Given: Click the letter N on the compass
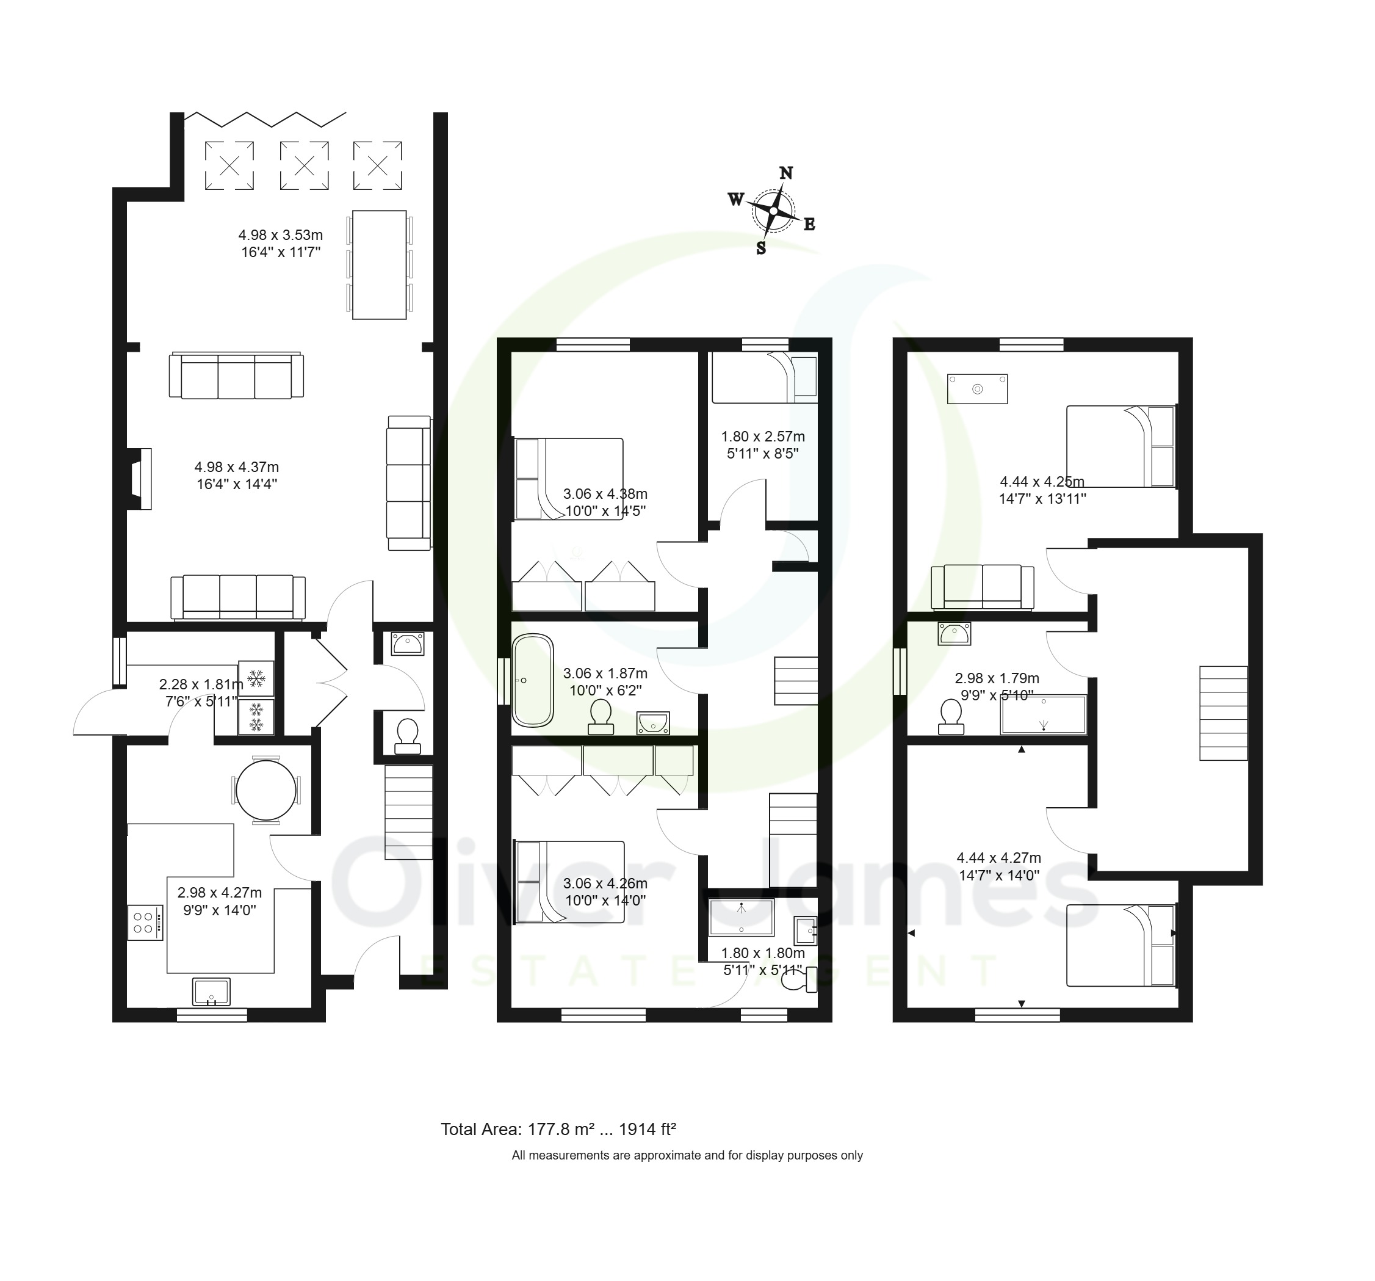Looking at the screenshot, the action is [785, 173].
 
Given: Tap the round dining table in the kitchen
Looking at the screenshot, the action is [266, 789].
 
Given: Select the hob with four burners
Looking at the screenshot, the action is [145, 923].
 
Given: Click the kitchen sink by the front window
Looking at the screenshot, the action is [212, 991].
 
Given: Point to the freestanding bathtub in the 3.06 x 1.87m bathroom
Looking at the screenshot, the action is [533, 681].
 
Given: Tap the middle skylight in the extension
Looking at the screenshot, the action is [305, 165].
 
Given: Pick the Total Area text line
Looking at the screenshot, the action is [558, 1130].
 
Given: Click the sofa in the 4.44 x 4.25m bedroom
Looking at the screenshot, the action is [983, 587].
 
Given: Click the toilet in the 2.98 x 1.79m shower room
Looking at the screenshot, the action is [951, 716].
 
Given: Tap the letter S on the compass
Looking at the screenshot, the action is [761, 249].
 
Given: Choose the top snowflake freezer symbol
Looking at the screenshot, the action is [256, 678].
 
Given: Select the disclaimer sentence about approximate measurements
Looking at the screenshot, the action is [687, 1156].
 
